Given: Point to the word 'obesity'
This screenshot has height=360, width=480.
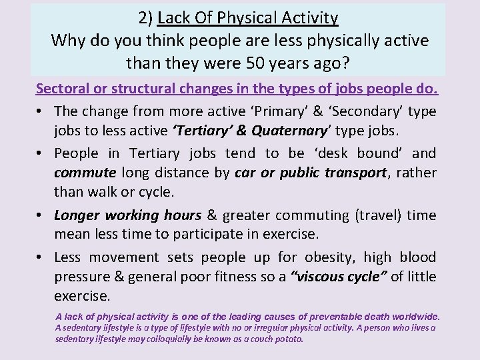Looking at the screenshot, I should [x=329, y=257].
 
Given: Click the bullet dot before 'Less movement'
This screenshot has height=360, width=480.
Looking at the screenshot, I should [x=41, y=257].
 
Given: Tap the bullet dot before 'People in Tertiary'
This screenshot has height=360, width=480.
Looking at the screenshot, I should [x=41, y=153].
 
